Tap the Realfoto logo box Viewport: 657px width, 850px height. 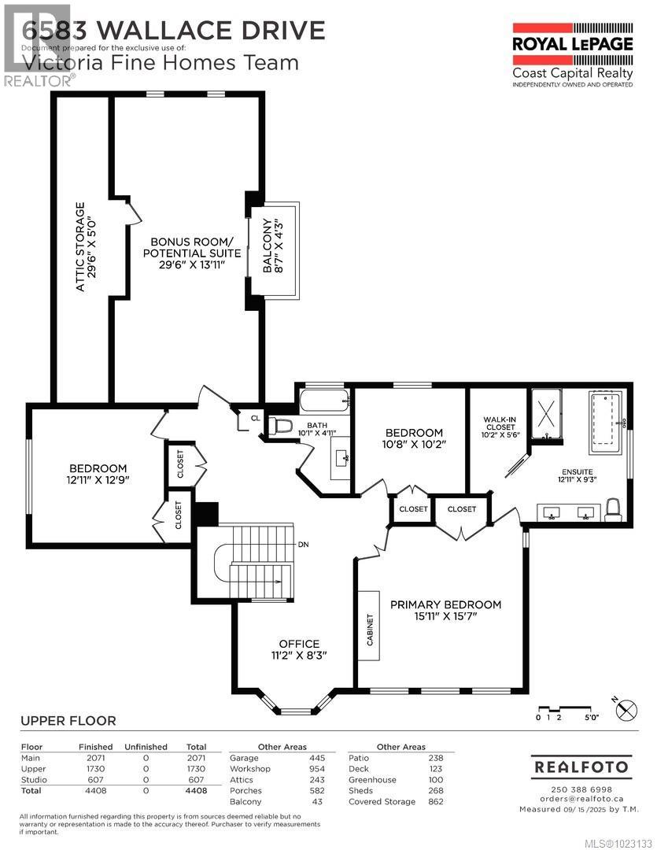tap(581, 766)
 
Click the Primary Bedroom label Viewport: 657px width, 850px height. tap(445, 610)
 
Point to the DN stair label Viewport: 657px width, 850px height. tap(303, 545)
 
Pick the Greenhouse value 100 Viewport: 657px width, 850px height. tap(436, 780)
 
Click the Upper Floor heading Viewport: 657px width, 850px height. tap(68, 720)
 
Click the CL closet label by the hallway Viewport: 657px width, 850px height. tap(255, 418)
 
